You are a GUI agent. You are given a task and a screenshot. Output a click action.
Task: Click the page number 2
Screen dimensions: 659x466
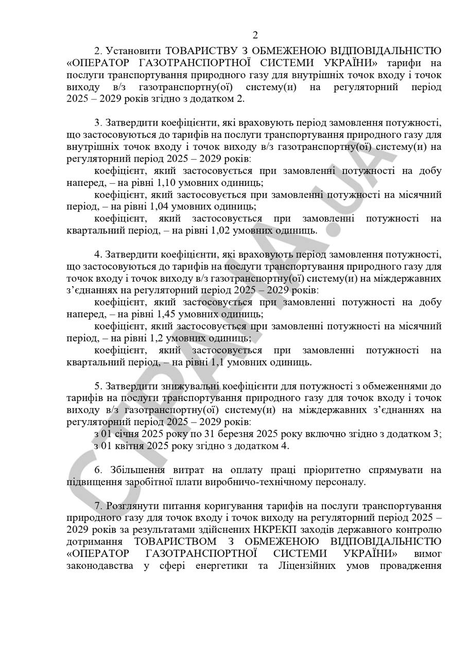[255, 36]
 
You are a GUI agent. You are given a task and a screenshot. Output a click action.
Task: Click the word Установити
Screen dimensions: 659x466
[132, 51]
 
